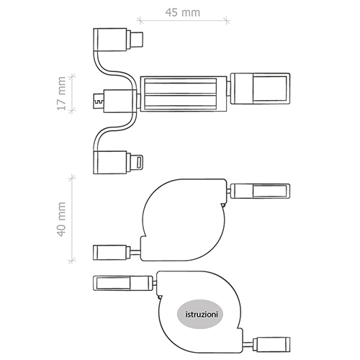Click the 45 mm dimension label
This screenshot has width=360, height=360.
183,12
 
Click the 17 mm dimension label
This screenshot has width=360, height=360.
62,94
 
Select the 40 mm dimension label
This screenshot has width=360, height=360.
62,219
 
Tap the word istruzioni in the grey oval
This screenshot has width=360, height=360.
202,314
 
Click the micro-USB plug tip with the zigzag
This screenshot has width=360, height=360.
98,101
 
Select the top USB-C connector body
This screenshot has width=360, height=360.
110,40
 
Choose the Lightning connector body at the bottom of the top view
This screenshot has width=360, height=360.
110,163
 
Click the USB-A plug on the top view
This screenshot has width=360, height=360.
260,89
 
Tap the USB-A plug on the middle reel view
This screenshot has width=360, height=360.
260,191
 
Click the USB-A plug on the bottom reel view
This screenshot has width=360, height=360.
123,284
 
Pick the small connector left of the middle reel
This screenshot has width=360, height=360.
112,252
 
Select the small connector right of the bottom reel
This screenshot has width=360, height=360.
271,345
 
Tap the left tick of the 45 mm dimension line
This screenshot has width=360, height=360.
140,21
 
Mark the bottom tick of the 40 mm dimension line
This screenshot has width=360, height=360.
71,261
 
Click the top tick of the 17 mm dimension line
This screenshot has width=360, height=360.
71,76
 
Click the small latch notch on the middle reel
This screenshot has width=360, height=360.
223,205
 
